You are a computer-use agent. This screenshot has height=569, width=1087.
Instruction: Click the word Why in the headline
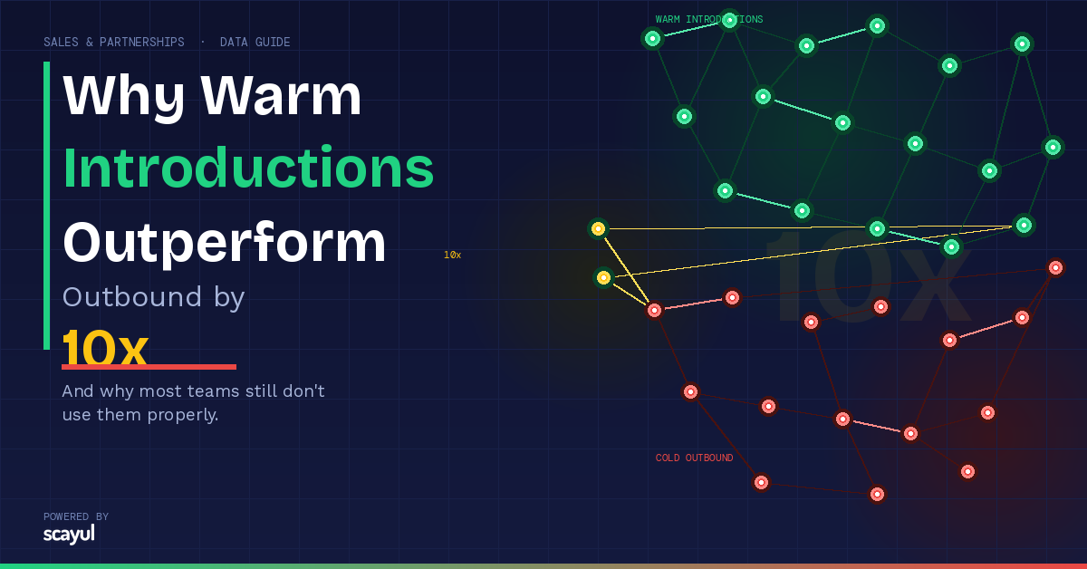[124, 96]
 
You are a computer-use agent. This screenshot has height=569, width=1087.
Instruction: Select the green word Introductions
[248, 167]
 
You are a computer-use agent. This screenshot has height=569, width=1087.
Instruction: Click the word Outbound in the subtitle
[131, 296]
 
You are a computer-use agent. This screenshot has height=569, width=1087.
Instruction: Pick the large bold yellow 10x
[104, 347]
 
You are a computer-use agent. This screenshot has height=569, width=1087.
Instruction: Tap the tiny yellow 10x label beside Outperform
[452, 255]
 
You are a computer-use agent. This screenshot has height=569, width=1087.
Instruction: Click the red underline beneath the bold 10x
[149, 367]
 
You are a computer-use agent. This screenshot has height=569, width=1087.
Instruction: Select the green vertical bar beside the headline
[46, 206]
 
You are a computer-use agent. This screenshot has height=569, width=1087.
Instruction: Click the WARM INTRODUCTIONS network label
[709, 19]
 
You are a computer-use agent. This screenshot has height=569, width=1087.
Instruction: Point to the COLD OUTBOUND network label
[694, 458]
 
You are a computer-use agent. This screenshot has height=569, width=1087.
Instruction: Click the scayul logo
[69, 535]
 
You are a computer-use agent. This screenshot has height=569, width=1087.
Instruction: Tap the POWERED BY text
[76, 516]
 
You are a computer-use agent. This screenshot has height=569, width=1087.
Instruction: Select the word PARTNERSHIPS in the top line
[141, 43]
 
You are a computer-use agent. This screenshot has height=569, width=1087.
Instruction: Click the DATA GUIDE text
[255, 43]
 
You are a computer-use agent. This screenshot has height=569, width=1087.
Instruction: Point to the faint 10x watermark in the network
[866, 276]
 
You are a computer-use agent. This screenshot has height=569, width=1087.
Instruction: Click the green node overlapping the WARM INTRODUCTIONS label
[729, 21]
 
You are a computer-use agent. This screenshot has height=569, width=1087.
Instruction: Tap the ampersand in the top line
[90, 43]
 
